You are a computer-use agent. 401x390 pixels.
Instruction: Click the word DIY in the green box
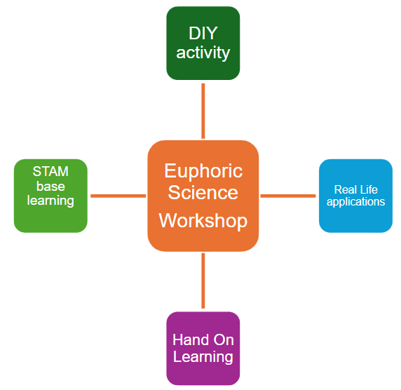tap(203, 33)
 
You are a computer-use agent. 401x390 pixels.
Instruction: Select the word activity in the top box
tap(203, 53)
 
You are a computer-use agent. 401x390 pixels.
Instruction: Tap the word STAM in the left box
tap(50, 172)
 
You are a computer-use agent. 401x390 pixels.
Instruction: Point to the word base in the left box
tap(50, 186)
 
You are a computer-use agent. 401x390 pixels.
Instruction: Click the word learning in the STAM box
tap(50, 201)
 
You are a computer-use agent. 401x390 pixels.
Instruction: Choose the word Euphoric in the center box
tap(203, 170)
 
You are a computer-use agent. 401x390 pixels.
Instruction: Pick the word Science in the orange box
tap(203, 192)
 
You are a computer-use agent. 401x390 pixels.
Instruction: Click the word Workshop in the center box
tap(203, 221)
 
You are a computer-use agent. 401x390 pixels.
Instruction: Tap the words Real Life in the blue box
tap(355, 189)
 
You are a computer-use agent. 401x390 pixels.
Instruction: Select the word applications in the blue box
tap(355, 202)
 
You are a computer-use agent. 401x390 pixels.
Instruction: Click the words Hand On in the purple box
tap(203, 340)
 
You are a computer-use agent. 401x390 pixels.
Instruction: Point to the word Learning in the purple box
tap(203, 357)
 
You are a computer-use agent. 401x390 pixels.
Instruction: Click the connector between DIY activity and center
tap(203, 110)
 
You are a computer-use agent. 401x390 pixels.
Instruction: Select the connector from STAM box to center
tap(118, 196)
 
